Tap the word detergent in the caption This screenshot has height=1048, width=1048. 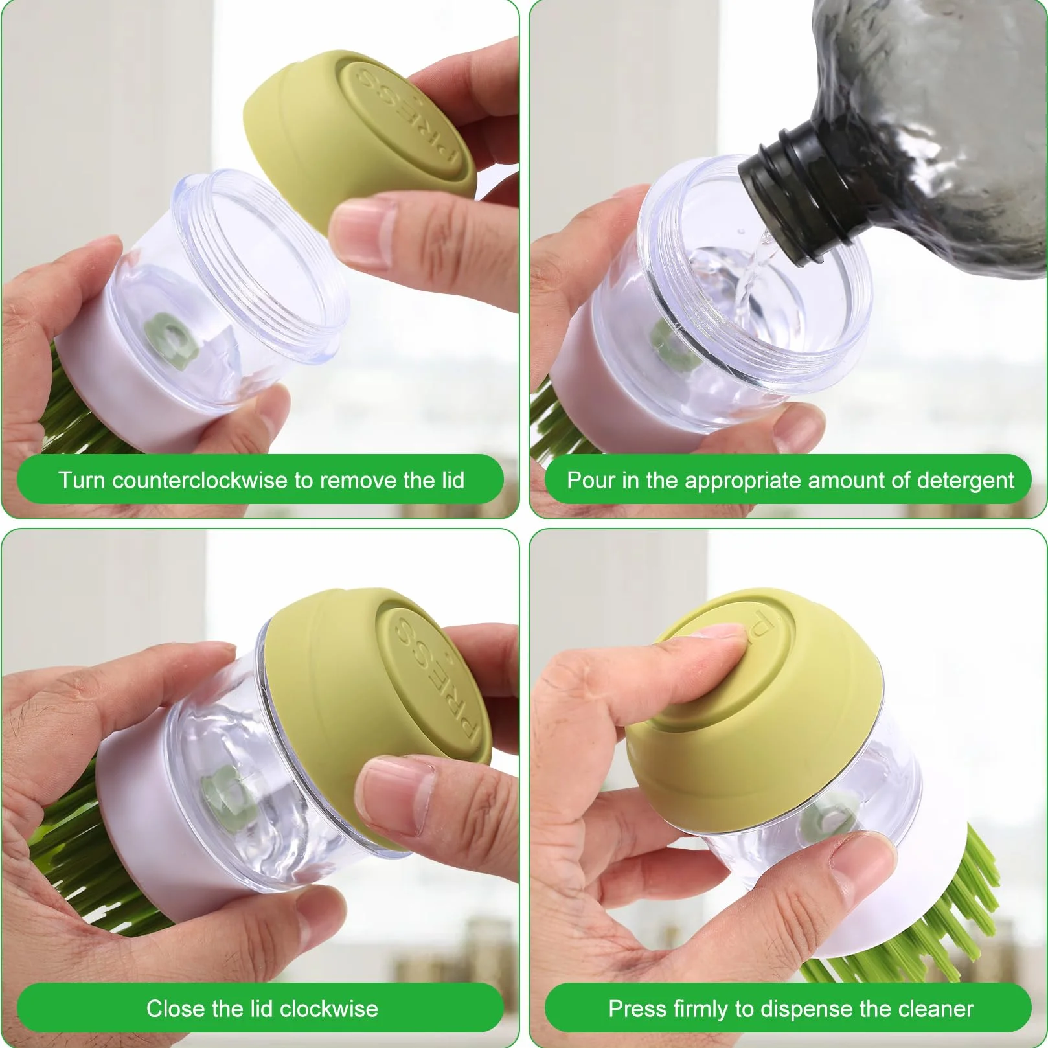click(x=966, y=481)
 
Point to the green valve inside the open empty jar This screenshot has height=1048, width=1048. click(x=170, y=337)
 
